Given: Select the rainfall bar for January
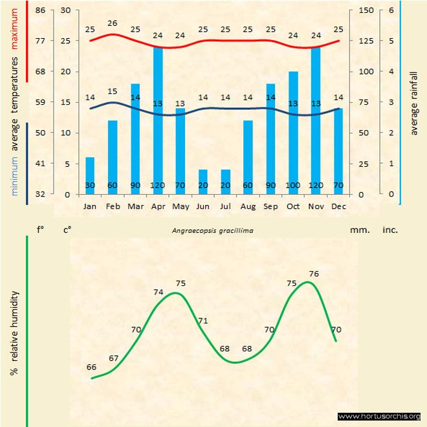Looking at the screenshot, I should (x=90, y=175).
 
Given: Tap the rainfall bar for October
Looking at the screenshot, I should (x=293, y=133).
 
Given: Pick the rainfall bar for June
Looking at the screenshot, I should (x=203, y=182).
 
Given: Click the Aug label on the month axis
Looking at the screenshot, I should (x=248, y=206).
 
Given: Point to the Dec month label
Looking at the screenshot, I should (x=338, y=206).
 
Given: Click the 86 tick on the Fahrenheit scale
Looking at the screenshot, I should (x=40, y=10).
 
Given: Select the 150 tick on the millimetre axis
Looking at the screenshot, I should (x=366, y=10).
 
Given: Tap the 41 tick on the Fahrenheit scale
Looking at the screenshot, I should (x=40, y=164).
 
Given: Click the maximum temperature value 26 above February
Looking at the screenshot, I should (x=113, y=23).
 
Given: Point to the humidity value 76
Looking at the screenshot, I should (x=314, y=274).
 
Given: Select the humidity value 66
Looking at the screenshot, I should (x=91, y=367).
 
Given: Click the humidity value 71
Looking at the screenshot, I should (x=203, y=321).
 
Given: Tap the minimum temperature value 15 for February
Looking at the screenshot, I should (x=113, y=91).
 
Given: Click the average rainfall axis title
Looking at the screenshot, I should (x=415, y=103).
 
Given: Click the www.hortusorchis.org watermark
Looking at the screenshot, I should (x=379, y=416).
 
